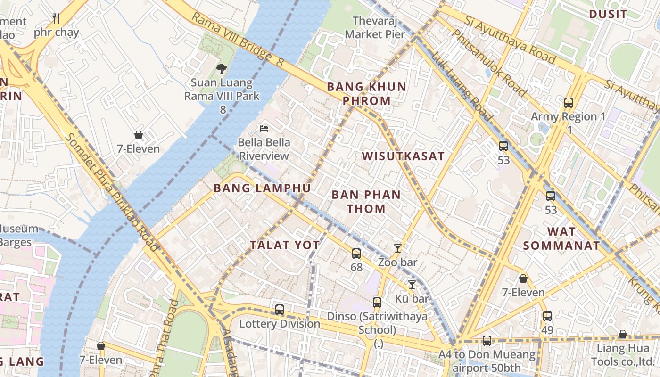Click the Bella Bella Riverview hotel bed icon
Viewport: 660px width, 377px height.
pos(264,129)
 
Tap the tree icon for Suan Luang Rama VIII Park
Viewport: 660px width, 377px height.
pos(221,69)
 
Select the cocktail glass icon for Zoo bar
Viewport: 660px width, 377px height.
pos(398,248)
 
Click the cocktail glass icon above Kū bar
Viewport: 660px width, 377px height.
pos(412,284)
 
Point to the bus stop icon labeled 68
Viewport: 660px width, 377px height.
pos(356,254)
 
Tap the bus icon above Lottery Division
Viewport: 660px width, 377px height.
pos(280,310)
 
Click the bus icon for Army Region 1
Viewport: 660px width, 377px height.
pos(569,103)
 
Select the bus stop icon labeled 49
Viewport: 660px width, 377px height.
pos(547,316)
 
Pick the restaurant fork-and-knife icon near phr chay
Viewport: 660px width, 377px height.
pos(56,18)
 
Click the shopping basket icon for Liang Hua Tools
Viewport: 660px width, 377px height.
pos(622,335)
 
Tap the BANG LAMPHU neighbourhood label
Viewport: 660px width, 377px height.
pos(262,188)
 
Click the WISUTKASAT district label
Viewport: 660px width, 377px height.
pos(403,156)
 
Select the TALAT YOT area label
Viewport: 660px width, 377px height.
pos(285,245)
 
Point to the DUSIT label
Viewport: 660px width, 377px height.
pos(608,14)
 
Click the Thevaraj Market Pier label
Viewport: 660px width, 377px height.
pos(375,27)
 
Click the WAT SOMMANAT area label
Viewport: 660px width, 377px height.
pos(561,238)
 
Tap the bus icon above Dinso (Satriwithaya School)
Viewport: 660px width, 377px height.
pos(377,303)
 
